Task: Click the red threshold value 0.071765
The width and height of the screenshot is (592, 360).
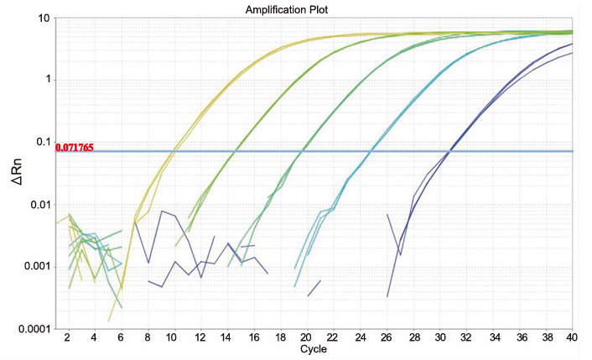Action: [x=75, y=148]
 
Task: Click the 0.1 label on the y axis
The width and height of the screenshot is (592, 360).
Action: [x=40, y=142]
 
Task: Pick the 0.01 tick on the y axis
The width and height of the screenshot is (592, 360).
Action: [x=38, y=204]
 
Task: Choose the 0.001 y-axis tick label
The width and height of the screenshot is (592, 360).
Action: [x=35, y=266]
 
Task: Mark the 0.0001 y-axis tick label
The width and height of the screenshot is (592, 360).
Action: [x=33, y=328]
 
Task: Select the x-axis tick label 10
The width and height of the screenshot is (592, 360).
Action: [x=173, y=337]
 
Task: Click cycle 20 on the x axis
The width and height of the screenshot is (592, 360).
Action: [x=304, y=337]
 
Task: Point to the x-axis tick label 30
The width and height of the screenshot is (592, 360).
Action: [x=439, y=337]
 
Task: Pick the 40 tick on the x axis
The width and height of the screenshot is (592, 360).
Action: [x=573, y=337]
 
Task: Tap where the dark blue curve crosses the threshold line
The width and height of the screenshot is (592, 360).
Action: [x=449, y=151]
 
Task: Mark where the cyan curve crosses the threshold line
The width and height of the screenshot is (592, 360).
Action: [x=370, y=151]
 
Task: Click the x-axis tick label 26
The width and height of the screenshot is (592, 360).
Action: [x=386, y=337]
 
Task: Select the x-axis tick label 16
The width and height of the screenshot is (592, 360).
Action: [x=252, y=337]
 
